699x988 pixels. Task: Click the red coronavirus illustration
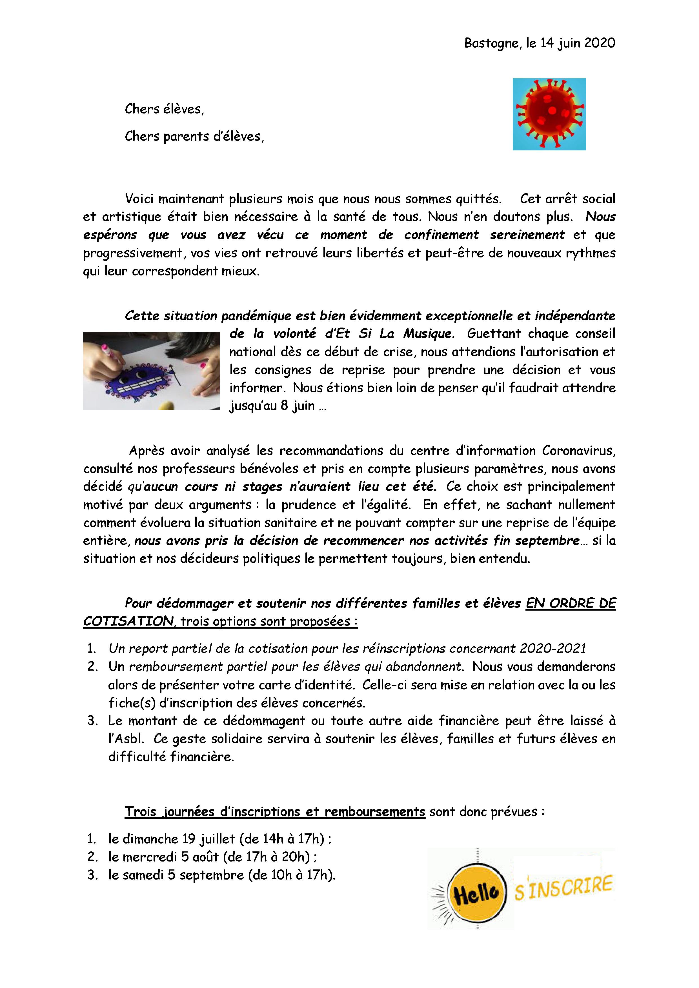(x=549, y=114)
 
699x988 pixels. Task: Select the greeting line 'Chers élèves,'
(x=165, y=109)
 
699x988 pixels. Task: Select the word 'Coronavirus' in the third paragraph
(x=578, y=451)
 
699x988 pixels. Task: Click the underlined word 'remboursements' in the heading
(x=374, y=812)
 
